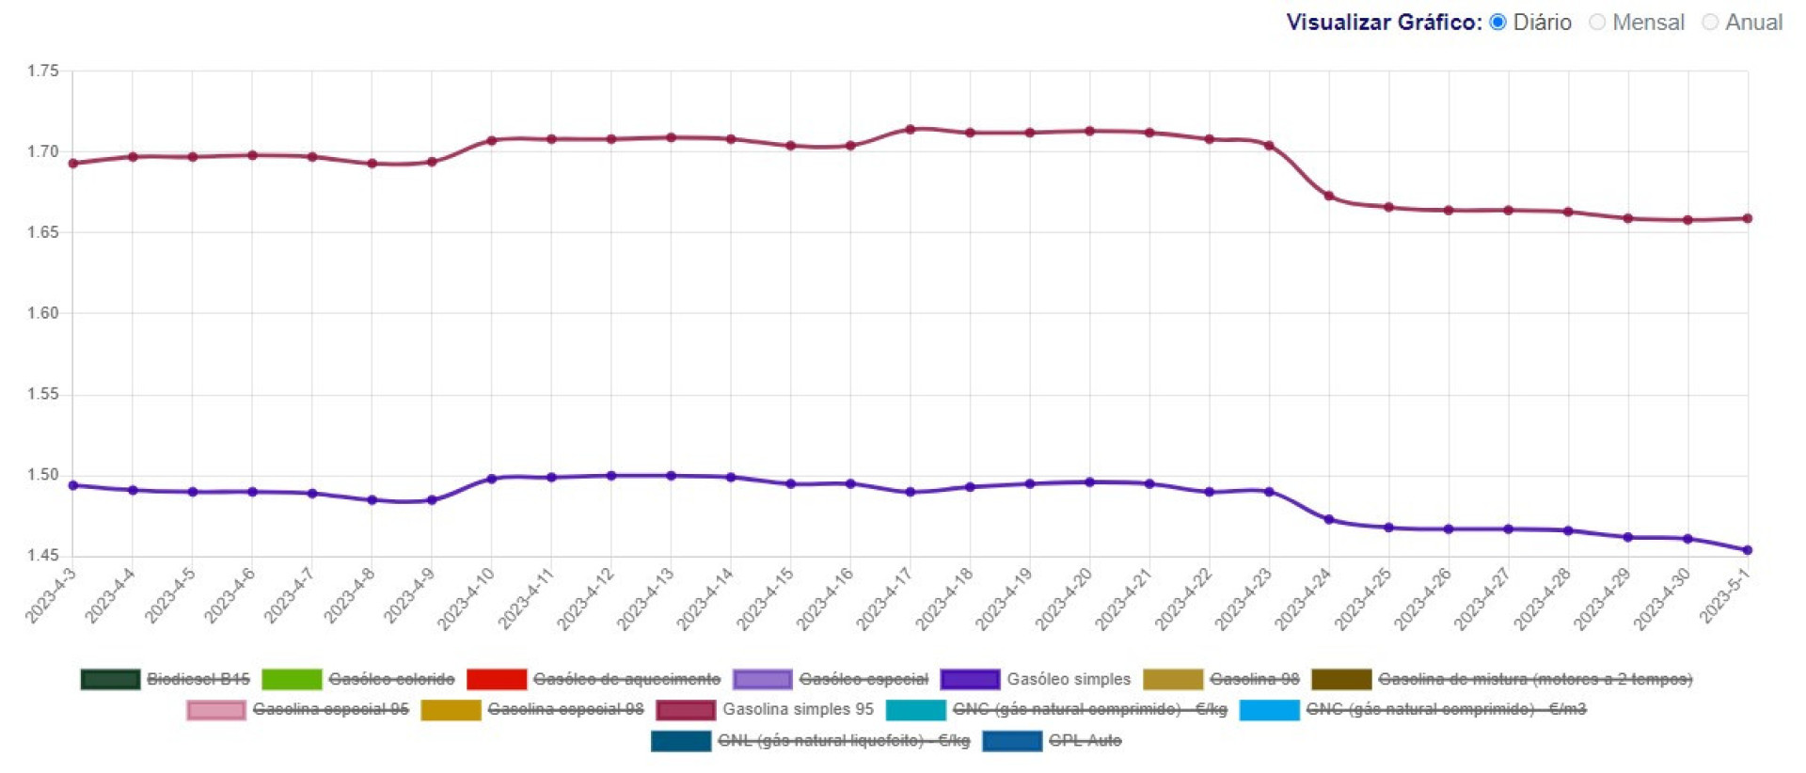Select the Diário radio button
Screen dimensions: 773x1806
pyautogui.click(x=1498, y=22)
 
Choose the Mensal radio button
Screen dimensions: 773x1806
pyautogui.click(x=1597, y=22)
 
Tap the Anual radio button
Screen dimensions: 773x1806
pyautogui.click(x=1710, y=22)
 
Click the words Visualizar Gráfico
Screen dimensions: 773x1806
pyautogui.click(x=1383, y=22)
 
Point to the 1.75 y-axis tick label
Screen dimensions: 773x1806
pyautogui.click(x=42, y=71)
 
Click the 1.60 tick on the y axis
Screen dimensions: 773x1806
pyautogui.click(x=42, y=313)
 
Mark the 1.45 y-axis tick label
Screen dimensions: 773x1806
pyautogui.click(x=42, y=556)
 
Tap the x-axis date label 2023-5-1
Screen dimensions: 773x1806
pyautogui.click(x=1724, y=595)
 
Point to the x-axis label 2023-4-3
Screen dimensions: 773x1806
pyautogui.click(x=50, y=595)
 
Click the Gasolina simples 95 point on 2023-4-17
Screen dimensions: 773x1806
pyautogui.click(x=910, y=129)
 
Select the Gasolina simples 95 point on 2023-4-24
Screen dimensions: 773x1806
pyautogui.click(x=1328, y=196)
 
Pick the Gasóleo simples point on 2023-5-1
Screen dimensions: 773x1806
pyautogui.click(x=1747, y=550)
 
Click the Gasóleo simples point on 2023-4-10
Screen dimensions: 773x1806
pyautogui.click(x=491, y=479)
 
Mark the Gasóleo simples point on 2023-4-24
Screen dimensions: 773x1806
pyautogui.click(x=1328, y=519)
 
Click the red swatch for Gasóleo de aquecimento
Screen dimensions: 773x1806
pyautogui.click(x=496, y=679)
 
